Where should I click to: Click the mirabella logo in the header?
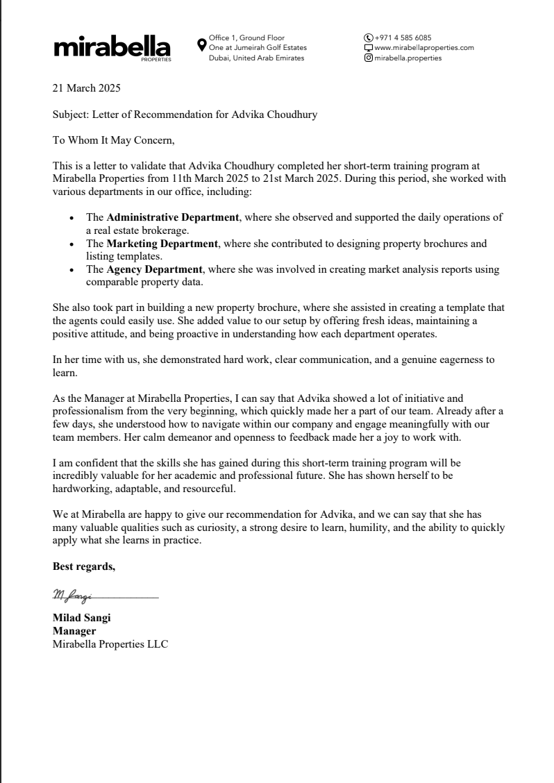point(112,47)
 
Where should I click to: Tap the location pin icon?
point(201,44)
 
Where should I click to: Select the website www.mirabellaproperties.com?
point(423,48)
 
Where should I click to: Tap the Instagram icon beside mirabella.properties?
point(368,58)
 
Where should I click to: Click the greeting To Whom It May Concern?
point(114,141)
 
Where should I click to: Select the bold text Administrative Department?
point(173,217)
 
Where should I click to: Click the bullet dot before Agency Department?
point(73,270)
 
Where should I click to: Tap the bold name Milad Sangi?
point(82,618)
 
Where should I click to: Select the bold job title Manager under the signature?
point(74,631)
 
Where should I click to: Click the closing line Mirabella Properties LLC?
point(110,644)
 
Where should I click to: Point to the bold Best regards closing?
point(84,566)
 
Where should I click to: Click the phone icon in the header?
point(368,37)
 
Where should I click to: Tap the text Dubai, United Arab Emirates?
point(256,58)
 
